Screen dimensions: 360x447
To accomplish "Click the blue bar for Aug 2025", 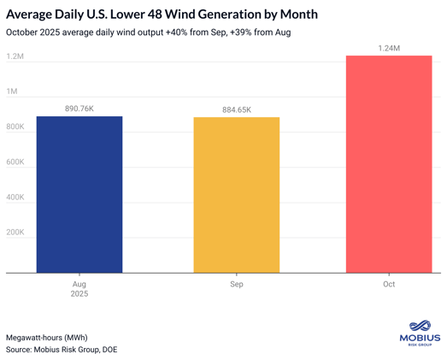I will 79,195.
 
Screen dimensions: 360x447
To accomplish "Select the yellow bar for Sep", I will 237,195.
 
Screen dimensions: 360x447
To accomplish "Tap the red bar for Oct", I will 389,164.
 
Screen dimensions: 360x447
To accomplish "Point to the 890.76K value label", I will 79,109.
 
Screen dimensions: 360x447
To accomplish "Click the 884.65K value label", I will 237,109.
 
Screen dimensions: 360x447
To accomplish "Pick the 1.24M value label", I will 389,48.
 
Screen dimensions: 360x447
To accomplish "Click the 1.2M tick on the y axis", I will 15,56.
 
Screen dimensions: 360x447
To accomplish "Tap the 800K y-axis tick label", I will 15,127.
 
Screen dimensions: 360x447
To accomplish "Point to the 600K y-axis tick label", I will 15,162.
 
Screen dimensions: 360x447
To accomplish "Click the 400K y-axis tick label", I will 15,197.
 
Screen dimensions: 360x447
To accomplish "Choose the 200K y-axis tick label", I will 15,232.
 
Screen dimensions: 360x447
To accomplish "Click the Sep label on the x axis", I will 237,284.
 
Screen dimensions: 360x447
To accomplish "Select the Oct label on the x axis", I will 389,284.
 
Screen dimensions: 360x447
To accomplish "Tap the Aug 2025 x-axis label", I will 79,288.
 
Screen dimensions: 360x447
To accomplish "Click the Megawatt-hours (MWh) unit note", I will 47,337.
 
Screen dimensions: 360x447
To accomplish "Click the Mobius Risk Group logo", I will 420,333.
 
